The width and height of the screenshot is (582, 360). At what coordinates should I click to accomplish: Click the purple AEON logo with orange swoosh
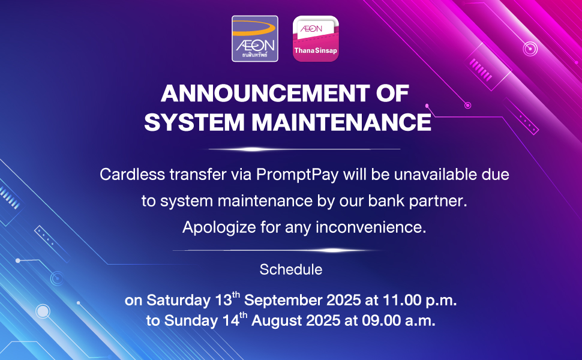tap(254, 38)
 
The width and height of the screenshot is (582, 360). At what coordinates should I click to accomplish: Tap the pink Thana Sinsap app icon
tap(316, 38)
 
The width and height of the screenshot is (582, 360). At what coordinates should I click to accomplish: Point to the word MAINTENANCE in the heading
tap(341, 122)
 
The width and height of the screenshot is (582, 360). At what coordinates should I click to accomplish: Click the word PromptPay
tap(298, 175)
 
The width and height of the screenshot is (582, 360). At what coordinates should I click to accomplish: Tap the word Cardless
tap(132, 175)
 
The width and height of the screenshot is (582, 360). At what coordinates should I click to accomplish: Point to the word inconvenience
tap(371, 227)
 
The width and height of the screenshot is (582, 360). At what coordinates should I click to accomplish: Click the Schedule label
tap(291, 269)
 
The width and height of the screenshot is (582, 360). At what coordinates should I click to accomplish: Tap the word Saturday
tap(179, 300)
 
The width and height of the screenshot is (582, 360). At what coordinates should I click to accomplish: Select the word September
tap(283, 300)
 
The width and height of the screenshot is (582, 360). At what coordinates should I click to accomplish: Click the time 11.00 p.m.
tap(419, 300)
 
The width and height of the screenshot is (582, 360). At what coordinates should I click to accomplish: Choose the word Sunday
tap(191, 320)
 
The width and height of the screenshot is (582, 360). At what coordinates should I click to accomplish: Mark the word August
tap(277, 320)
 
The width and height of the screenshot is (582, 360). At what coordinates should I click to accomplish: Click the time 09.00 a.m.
tap(398, 320)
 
